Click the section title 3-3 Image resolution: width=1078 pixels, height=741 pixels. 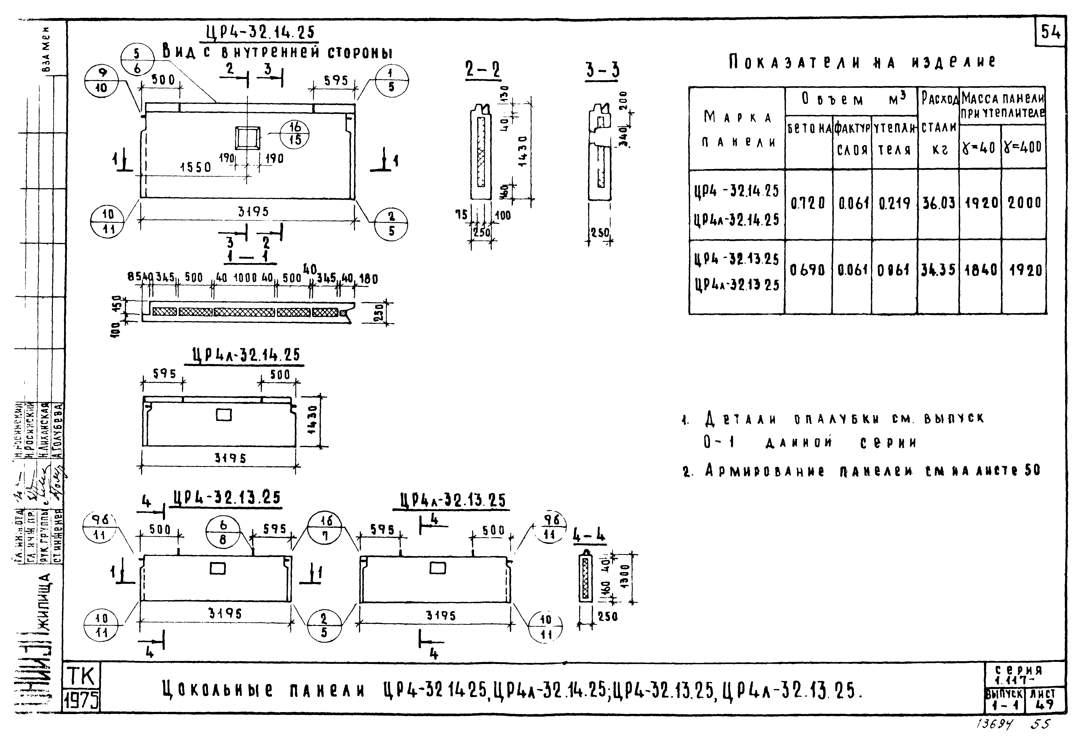(x=602, y=71)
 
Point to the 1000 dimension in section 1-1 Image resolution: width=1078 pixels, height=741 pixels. (x=245, y=278)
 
